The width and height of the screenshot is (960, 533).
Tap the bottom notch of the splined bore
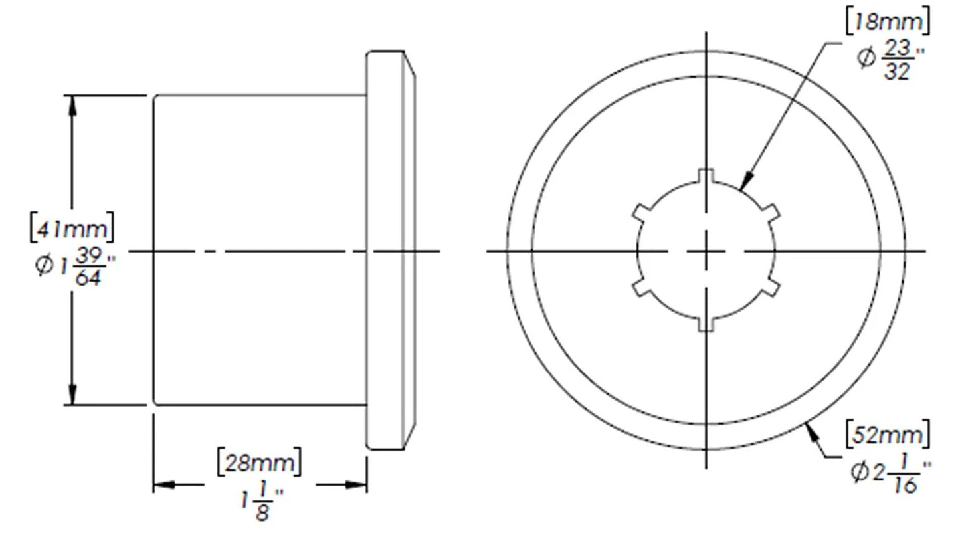pyautogui.click(x=706, y=324)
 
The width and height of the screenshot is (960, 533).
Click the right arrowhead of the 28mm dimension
pyautogui.click(x=357, y=485)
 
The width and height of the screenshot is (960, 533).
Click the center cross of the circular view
pyautogui.click(x=706, y=251)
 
